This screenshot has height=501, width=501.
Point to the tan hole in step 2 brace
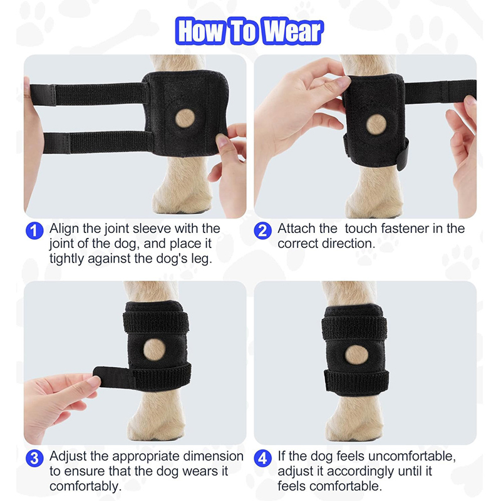tap(376, 123)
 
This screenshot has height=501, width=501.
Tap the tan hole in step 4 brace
tap(357, 355)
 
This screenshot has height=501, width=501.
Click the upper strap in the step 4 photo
tap(354, 326)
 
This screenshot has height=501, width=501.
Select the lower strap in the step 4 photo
tap(356, 380)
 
